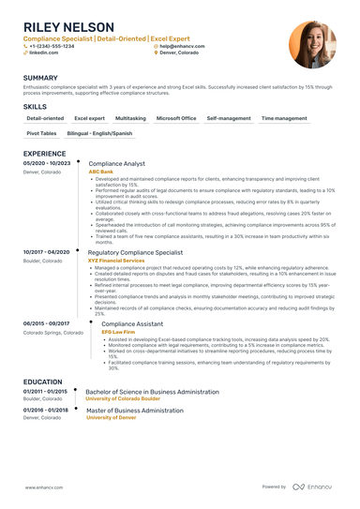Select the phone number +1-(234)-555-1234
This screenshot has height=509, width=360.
(53, 45)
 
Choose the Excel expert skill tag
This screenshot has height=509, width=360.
(89, 119)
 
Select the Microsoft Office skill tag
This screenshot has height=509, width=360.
(176, 119)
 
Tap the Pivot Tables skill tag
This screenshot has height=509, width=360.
(42, 135)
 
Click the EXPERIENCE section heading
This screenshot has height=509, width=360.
(44, 153)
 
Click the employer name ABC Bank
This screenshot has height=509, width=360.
(100, 172)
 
